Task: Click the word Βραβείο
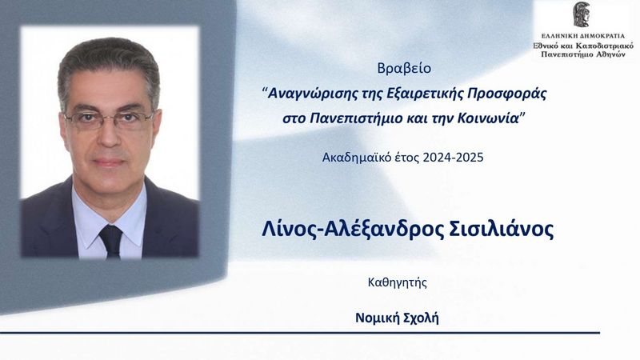[x=404, y=68]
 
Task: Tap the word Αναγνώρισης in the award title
[x=313, y=94]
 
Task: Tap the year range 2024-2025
[x=453, y=157]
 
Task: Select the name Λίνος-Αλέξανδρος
[x=353, y=230]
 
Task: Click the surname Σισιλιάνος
[x=502, y=230]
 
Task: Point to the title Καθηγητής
[x=397, y=282]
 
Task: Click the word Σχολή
[x=421, y=318]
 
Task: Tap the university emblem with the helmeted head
[x=582, y=14]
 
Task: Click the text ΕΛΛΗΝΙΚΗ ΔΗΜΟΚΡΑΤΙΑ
[x=583, y=36]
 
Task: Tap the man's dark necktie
[x=110, y=241]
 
